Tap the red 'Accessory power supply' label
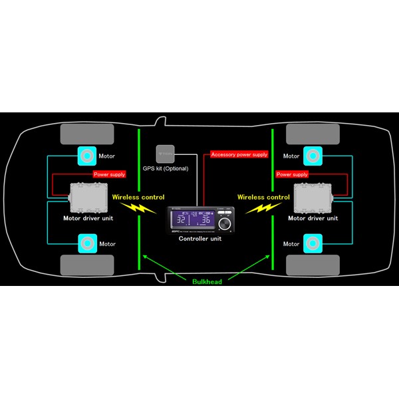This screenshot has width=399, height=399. [x=239, y=154]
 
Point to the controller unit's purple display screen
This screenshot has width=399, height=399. [x=192, y=219]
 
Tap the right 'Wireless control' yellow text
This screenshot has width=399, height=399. [x=263, y=197]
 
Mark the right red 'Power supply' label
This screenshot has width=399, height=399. [x=292, y=174]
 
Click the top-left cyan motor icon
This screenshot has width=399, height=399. [x=86, y=156]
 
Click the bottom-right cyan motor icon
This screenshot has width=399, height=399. [x=313, y=243]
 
